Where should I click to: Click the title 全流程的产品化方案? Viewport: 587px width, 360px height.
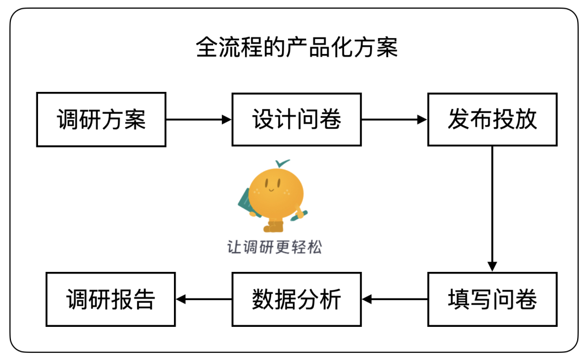point(297,47)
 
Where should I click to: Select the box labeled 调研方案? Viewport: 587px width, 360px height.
point(101,119)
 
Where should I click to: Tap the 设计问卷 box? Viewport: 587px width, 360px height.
point(297,119)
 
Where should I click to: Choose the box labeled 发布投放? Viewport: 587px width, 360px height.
point(492,119)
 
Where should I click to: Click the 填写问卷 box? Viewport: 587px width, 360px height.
point(492,299)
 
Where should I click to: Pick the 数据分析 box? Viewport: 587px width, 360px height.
point(297,299)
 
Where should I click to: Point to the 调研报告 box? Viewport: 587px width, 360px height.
point(110,299)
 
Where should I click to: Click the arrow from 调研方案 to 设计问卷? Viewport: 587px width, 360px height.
point(199,119)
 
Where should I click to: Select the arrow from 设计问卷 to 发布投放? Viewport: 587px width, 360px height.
point(395,119)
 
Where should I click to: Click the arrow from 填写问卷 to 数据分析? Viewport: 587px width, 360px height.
point(395,299)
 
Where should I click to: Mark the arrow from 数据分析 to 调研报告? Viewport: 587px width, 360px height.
point(204,299)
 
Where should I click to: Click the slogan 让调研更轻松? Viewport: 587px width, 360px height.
point(274,247)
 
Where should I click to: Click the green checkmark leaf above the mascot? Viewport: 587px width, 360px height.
point(282,163)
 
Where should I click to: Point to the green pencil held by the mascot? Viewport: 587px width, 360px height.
point(299,215)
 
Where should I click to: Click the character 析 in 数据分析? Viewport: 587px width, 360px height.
point(330,299)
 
